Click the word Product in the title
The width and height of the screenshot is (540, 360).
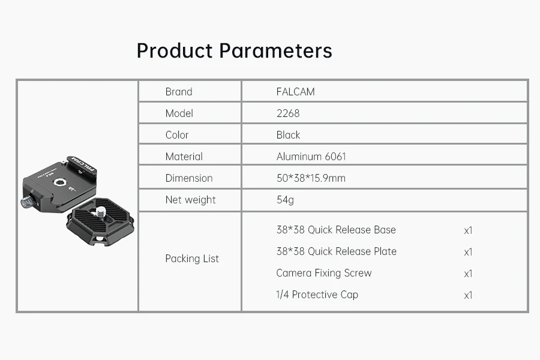click(174, 50)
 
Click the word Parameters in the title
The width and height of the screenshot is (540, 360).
click(275, 50)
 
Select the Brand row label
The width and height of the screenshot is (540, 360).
click(179, 92)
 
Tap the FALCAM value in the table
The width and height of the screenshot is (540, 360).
click(295, 92)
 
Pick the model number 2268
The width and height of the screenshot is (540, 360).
click(288, 113)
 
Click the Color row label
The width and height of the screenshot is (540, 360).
click(176, 134)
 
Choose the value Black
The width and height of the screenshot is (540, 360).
click(288, 134)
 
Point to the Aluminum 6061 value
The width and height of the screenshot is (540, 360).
click(311, 157)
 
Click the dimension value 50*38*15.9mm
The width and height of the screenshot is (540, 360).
click(311, 178)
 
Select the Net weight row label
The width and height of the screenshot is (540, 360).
click(190, 200)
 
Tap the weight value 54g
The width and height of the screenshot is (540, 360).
click(285, 200)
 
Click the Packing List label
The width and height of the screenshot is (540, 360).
click(192, 259)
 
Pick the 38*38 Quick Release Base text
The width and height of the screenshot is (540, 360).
click(336, 230)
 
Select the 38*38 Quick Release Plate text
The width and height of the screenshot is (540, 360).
click(337, 251)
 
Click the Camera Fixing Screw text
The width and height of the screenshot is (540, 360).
click(324, 273)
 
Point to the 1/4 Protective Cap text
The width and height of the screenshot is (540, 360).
click(317, 295)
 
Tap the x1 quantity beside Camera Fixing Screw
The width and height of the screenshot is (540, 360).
click(468, 274)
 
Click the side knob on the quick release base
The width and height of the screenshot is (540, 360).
click(26, 202)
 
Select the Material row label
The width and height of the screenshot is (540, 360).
click(184, 157)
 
